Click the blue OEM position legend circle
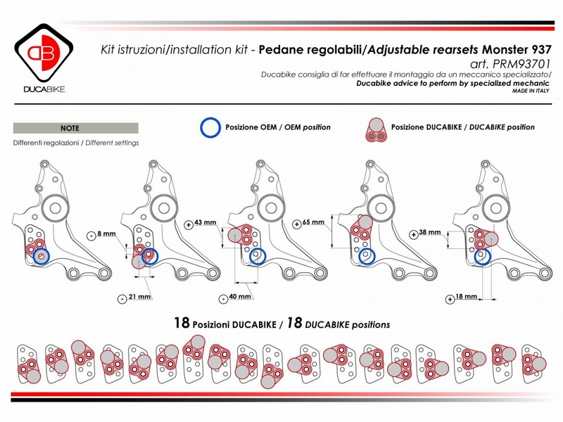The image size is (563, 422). (x=210, y=127)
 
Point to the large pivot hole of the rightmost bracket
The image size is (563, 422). (x=501, y=209)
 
